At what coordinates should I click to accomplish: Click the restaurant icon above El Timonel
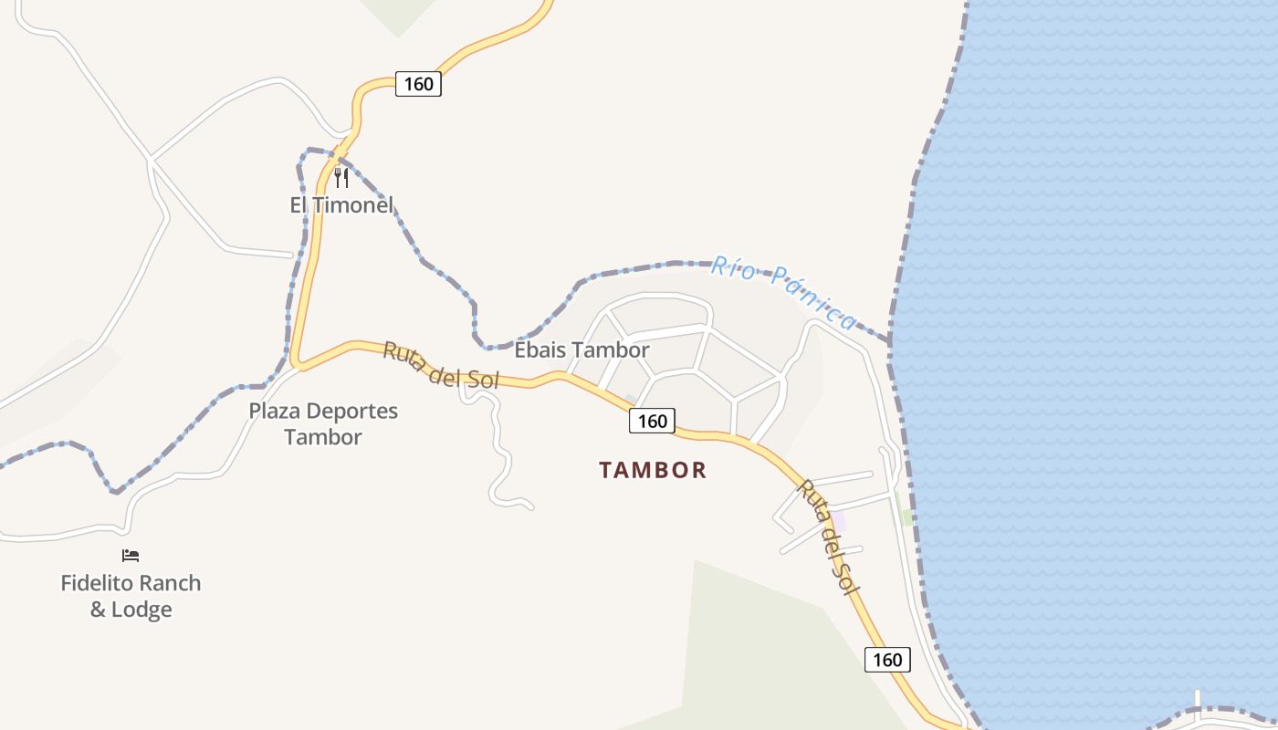point(341,177)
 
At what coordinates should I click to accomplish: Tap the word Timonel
point(353,204)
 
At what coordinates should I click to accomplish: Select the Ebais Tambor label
point(581,350)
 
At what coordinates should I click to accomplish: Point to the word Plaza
point(274,411)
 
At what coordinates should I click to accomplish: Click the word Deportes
point(351,411)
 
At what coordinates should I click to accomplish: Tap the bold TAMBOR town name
point(653,470)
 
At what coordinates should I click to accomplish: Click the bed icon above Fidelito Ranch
point(131,555)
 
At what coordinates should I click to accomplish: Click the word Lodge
point(141,610)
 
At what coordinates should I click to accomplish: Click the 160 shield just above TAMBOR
point(652,421)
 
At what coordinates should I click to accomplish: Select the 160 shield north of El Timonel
point(418,84)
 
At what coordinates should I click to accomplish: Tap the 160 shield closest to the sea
point(887,660)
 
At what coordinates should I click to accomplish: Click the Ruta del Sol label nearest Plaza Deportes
point(441,365)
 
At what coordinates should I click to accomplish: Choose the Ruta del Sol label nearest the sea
point(828,537)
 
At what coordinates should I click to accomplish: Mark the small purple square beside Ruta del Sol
point(837,520)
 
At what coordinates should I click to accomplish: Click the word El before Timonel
point(299,204)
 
